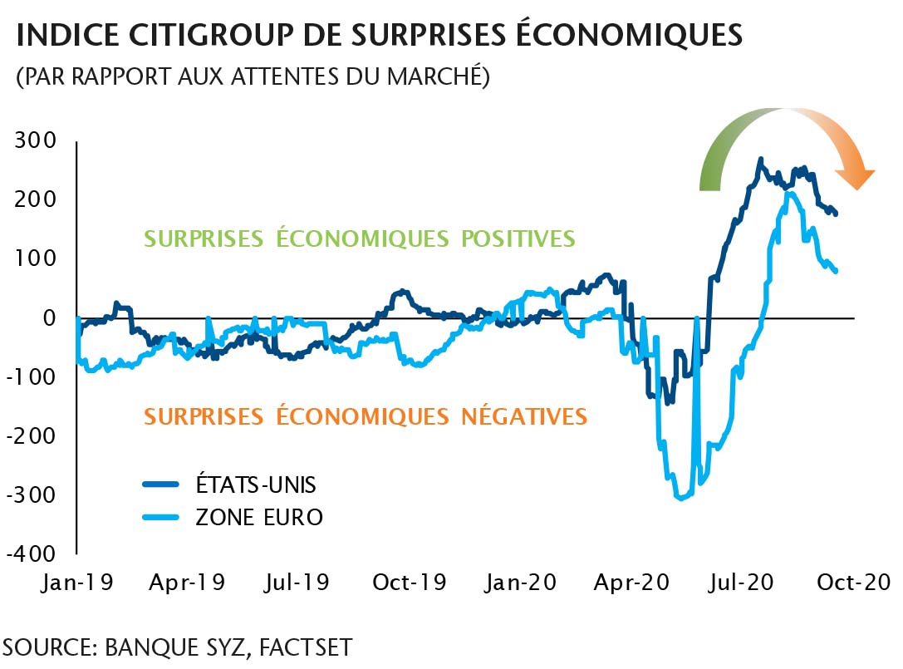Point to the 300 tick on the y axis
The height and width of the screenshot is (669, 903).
tap(36, 140)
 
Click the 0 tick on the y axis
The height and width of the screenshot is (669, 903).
tap(49, 317)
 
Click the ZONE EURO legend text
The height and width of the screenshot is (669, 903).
tap(258, 517)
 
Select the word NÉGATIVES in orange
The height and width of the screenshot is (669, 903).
tap(523, 416)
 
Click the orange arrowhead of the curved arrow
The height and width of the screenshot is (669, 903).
tap(855, 178)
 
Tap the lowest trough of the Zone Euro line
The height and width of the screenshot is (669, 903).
tap(681, 498)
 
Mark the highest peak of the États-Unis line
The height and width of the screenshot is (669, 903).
tap(760, 160)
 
